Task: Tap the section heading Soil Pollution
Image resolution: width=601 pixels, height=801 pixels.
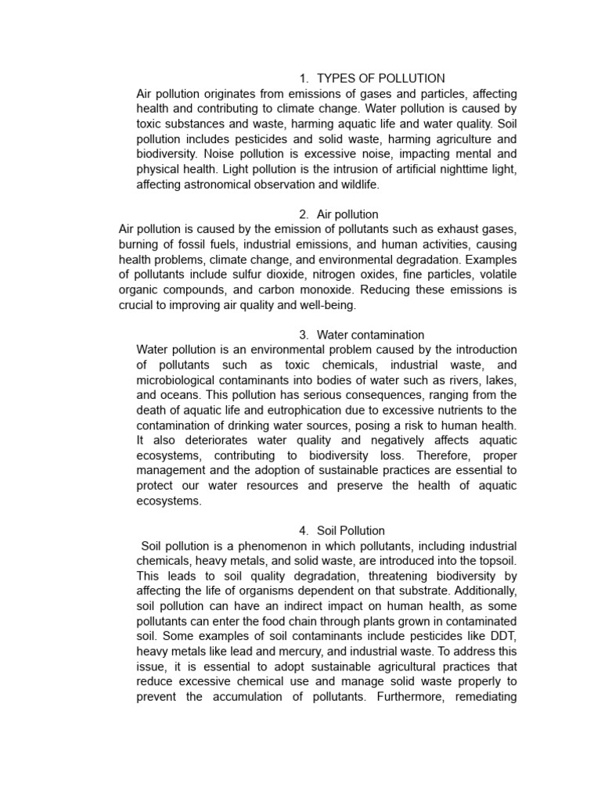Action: tap(351, 530)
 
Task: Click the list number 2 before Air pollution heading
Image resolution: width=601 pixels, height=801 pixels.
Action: tap(303, 214)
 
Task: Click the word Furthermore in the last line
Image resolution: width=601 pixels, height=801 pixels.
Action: tap(414, 695)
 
